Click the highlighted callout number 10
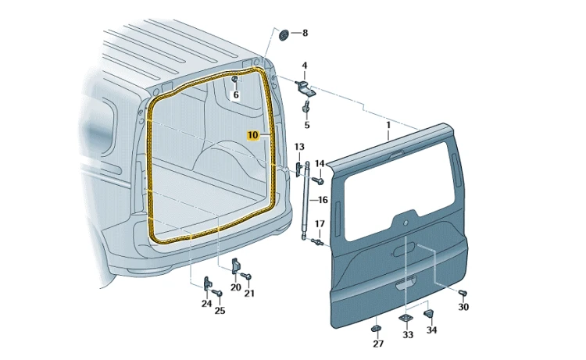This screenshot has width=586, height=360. [253, 135]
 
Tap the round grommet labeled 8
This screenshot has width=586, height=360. [284, 35]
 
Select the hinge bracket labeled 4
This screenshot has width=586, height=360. [304, 87]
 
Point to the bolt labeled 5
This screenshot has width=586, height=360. [306, 106]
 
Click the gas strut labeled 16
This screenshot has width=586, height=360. [306, 200]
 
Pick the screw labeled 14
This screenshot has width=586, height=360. [318, 180]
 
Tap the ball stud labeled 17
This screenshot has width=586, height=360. [317, 242]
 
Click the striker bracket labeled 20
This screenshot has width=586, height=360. [235, 266]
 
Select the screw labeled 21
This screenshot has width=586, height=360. [246, 276]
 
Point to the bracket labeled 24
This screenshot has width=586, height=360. [207, 283]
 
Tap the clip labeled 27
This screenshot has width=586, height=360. [376, 328]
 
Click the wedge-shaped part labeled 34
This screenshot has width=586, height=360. [429, 314]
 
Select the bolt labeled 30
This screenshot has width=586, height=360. [463, 292]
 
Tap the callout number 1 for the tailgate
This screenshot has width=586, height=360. [388, 125]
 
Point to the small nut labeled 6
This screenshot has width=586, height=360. [234, 80]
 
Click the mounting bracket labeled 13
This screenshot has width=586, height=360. [298, 169]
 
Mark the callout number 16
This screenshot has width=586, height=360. [323, 200]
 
